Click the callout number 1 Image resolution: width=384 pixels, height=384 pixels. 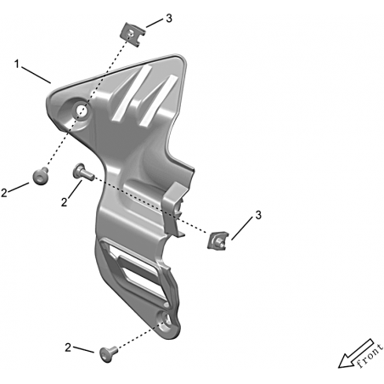click(x=17, y=65)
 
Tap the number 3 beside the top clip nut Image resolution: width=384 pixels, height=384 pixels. click(x=169, y=19)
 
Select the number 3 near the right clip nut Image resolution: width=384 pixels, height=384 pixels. click(x=258, y=215)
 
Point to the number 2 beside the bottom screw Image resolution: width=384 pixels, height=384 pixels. click(x=68, y=347)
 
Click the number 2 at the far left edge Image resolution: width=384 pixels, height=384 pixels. click(x=4, y=193)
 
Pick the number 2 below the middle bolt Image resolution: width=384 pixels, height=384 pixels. click(x=65, y=202)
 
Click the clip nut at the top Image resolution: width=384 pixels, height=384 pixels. click(x=133, y=35)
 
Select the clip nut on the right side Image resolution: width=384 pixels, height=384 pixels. click(x=217, y=240)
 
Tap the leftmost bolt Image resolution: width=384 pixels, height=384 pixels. click(x=41, y=176)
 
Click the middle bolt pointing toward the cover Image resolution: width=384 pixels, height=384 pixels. click(x=83, y=172)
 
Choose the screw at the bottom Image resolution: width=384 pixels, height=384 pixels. click(x=109, y=353)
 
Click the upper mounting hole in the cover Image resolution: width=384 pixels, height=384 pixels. click(x=81, y=110)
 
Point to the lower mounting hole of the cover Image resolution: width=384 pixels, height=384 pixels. click(x=166, y=321)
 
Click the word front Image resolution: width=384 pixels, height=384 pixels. click(x=370, y=356)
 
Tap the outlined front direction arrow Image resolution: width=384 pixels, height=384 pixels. click(x=356, y=353)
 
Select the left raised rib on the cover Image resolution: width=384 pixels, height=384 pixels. click(x=132, y=93)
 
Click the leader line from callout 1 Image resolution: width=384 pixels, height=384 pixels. click(x=36, y=75)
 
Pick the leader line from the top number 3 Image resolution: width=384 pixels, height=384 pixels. click(x=155, y=23)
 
